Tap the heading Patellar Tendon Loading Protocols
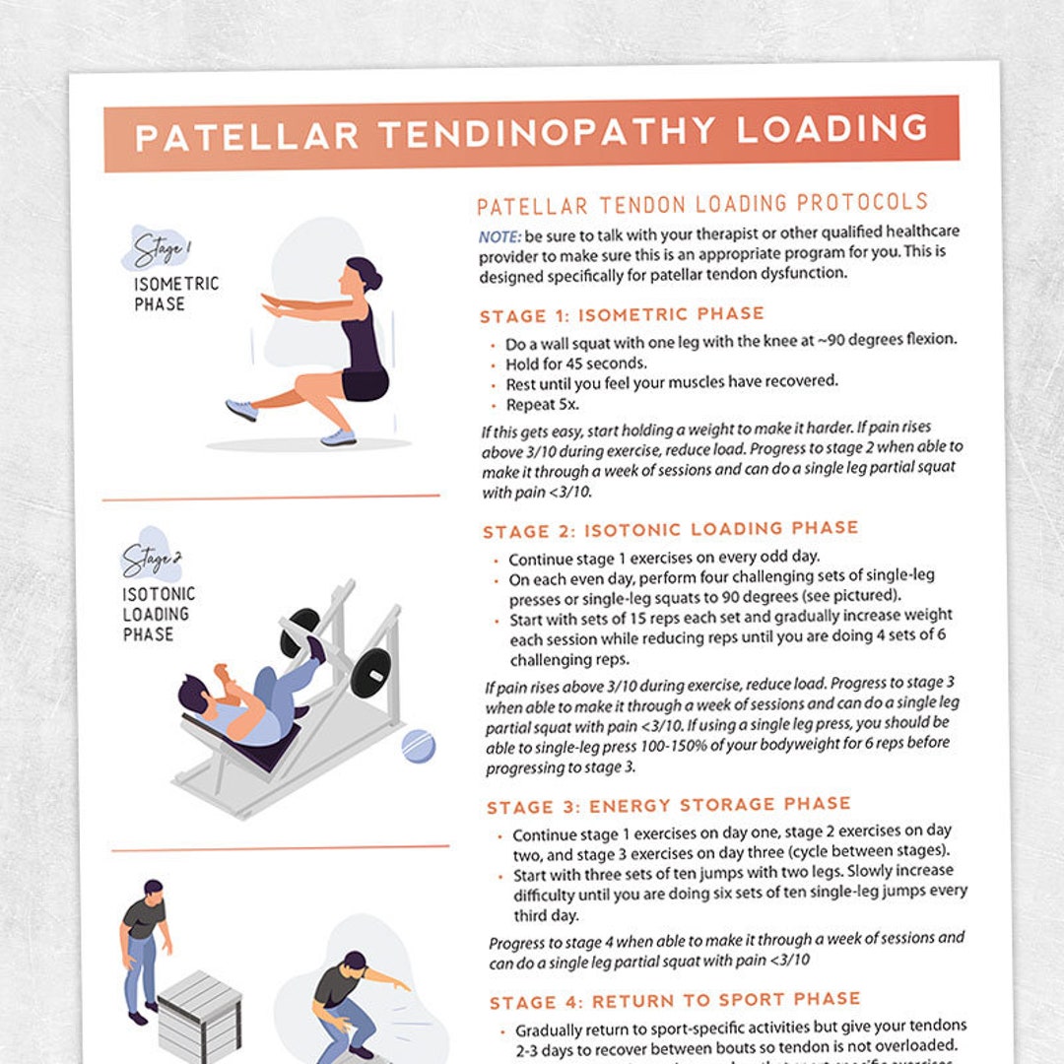(702, 205)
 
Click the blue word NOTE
(499, 236)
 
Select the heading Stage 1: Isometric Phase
(622, 315)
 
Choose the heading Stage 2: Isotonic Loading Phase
(671, 530)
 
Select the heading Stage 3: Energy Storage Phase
(669, 806)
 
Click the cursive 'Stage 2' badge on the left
(151, 560)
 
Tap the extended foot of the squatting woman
(241, 409)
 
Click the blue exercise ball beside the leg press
(418, 746)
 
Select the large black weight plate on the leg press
(371, 674)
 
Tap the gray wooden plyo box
(200, 1015)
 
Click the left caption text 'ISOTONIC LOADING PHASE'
(158, 614)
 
